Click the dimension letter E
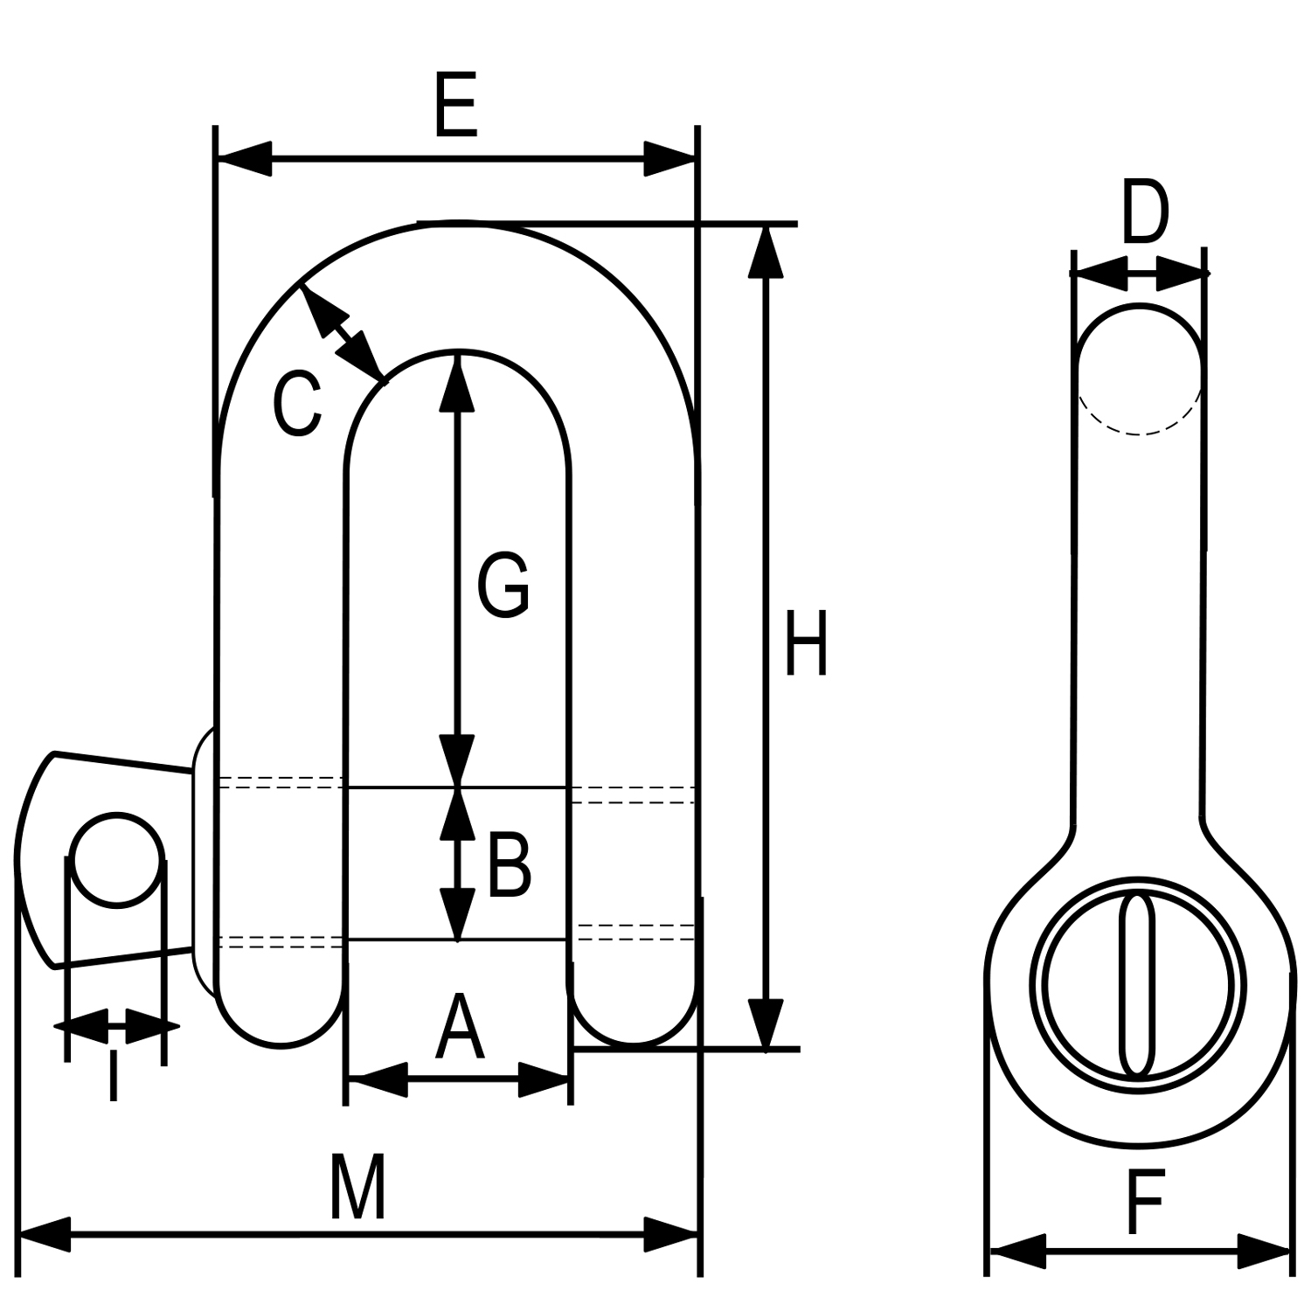[x=456, y=107]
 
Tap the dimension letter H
[x=805, y=644]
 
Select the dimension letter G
[x=503, y=584]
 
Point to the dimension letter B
[x=509, y=866]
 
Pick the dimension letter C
[x=297, y=404]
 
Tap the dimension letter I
[x=113, y=1077]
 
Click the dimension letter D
[x=1144, y=212]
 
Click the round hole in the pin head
[x=117, y=859]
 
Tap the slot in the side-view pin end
[x=1136, y=983]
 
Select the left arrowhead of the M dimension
[x=44, y=1235]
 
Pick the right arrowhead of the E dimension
[x=670, y=159]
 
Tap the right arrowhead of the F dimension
[x=1265, y=1251]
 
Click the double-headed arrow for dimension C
[x=342, y=333]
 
